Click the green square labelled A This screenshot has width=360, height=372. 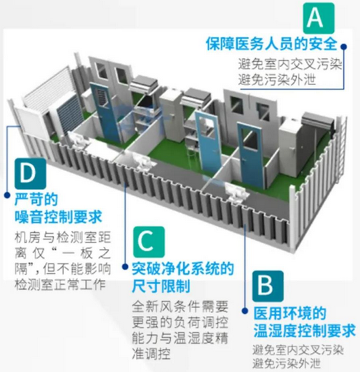click(x=319, y=17)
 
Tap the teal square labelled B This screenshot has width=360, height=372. click(x=268, y=286)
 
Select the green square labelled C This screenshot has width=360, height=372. click(x=148, y=242)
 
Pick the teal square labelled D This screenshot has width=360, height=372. click(x=31, y=174)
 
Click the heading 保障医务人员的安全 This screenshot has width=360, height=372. click(x=271, y=44)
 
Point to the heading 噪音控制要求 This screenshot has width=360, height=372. click(x=58, y=216)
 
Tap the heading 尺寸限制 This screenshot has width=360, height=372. click(x=161, y=286)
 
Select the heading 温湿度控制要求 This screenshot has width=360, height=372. click(x=305, y=331)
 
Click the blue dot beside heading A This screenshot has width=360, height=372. click(x=343, y=47)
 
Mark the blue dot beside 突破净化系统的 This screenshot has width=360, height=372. click(x=125, y=266)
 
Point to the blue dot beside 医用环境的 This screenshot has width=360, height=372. click(x=245, y=311)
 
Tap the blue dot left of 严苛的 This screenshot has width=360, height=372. click(x=7, y=195)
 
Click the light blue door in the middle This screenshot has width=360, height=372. click(x=207, y=146)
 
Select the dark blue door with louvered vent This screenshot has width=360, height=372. click(x=105, y=112)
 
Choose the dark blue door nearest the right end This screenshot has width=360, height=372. click(x=250, y=156)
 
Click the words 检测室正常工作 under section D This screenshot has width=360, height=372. click(x=60, y=284)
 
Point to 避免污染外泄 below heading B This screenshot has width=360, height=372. click(x=287, y=364)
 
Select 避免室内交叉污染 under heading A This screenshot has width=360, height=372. click(x=289, y=64)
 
